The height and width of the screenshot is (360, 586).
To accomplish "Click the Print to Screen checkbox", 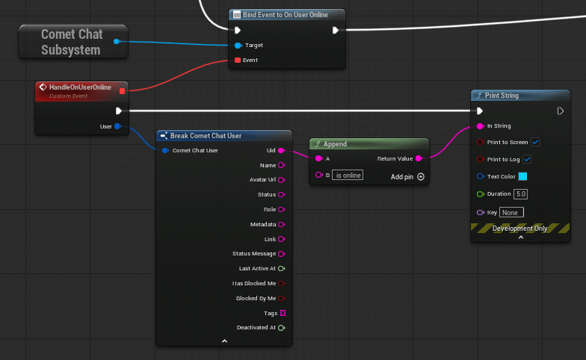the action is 535,142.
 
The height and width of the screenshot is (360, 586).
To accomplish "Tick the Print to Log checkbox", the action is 527,159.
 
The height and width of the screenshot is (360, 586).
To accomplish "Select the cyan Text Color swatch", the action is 522,176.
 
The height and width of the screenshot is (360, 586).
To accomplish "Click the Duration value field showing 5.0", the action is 520,194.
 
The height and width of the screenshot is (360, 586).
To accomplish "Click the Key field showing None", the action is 511,212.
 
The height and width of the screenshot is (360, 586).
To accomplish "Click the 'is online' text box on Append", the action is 348,175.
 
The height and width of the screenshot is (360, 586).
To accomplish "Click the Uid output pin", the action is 281,151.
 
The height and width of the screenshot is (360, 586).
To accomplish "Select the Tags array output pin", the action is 283,313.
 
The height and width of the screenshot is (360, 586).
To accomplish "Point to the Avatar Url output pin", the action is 281,180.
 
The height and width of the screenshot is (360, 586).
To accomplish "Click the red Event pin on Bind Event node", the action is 238,60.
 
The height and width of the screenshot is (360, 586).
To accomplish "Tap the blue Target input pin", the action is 238,46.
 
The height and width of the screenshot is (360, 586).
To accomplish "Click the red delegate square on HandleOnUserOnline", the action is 122,91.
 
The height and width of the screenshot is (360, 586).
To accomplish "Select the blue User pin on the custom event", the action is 118,126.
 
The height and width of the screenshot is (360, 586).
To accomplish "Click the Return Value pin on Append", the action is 419,158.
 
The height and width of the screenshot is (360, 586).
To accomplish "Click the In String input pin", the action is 480,126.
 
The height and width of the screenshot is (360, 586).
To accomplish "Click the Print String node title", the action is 502,96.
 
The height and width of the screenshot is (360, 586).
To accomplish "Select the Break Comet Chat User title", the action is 206,136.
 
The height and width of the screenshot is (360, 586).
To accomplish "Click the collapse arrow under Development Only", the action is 520,238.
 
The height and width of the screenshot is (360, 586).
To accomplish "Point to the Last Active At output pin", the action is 281,269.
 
